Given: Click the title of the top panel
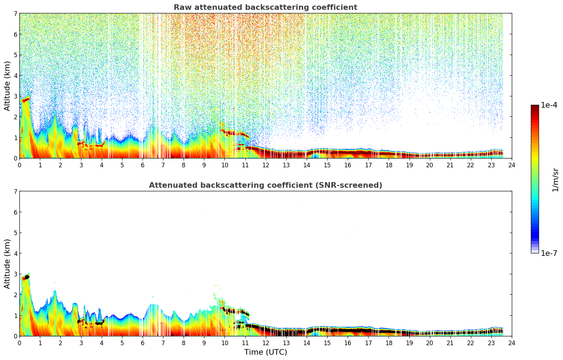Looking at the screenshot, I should point(265,7).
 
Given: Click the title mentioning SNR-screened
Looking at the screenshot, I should point(265,185).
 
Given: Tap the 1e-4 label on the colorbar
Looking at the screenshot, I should point(549,105).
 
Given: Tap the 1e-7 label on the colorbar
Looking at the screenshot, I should point(549,253).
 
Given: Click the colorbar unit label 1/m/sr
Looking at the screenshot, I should point(555,180).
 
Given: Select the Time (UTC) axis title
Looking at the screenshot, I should point(265,352).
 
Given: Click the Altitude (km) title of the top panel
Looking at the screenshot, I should point(7,86).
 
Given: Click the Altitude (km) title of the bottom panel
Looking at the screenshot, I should point(7,264).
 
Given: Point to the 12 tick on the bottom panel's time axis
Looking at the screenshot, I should point(265,343).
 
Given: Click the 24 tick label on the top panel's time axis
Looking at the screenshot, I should point(511,165).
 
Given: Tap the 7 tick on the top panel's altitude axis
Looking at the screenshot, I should point(15,13).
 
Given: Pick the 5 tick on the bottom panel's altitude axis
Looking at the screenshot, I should point(15,233).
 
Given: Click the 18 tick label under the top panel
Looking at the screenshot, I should point(388,165).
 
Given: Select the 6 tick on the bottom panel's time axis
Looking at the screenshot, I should point(143,343).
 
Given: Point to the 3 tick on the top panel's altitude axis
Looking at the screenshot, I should point(15,96).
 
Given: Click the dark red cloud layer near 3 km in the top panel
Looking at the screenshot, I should point(25,100).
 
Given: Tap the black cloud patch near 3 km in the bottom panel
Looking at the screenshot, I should point(26,277).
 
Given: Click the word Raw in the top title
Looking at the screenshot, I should point(181,7).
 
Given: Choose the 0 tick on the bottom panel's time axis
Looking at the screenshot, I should point(19,343).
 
